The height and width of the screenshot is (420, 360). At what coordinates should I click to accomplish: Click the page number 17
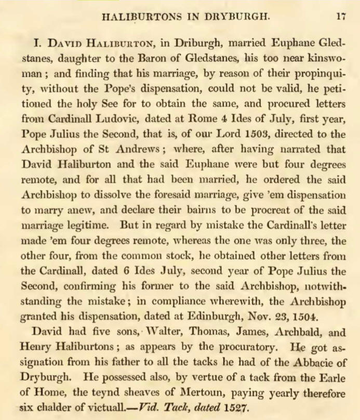[340, 16]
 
